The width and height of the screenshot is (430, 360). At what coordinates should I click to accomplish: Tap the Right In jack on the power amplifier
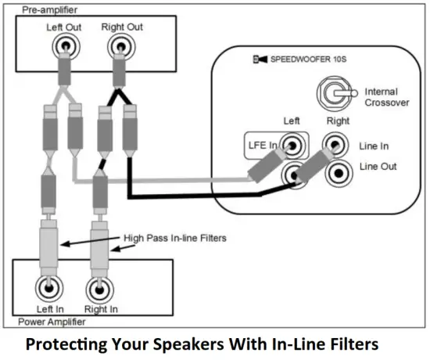[x=99, y=290]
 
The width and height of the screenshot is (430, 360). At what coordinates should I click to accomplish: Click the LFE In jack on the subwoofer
[x=293, y=145]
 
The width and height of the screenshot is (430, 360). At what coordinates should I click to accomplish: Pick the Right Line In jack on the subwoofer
[x=336, y=146]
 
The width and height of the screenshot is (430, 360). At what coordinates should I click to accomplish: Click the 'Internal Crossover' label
[x=386, y=97]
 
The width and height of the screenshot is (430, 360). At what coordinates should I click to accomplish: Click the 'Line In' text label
[x=375, y=146]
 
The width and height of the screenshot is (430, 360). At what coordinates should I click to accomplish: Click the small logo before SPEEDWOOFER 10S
[x=260, y=59]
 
